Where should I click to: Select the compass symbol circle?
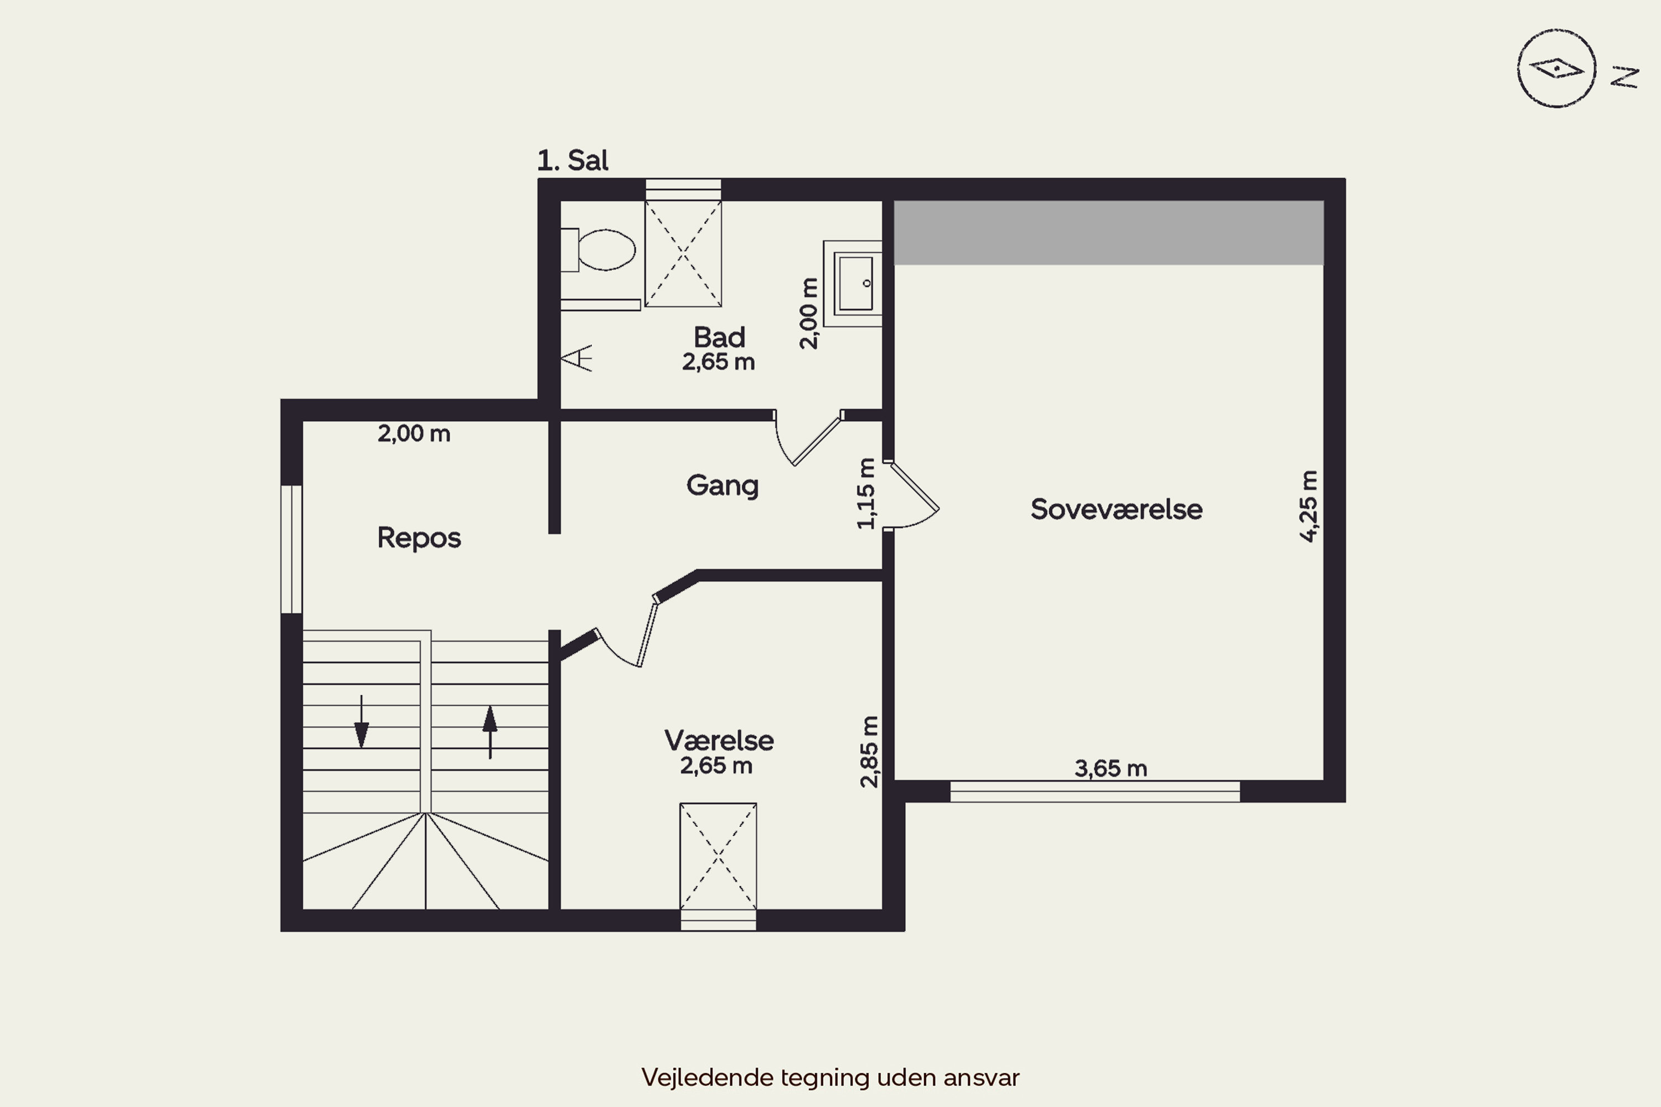click(x=1556, y=69)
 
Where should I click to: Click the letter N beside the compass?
click(x=1624, y=77)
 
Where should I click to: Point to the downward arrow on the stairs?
click(x=362, y=722)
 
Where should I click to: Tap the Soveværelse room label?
click(x=1116, y=509)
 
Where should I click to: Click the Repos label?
click(x=419, y=539)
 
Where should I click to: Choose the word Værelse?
click(x=719, y=741)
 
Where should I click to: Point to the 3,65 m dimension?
click(x=1111, y=768)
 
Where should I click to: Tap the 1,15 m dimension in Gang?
click(x=866, y=493)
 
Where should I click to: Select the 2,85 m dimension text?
click(x=869, y=751)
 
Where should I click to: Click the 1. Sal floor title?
click(x=572, y=161)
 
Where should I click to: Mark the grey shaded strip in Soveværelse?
click(x=1109, y=233)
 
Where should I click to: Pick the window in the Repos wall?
click(x=292, y=549)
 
